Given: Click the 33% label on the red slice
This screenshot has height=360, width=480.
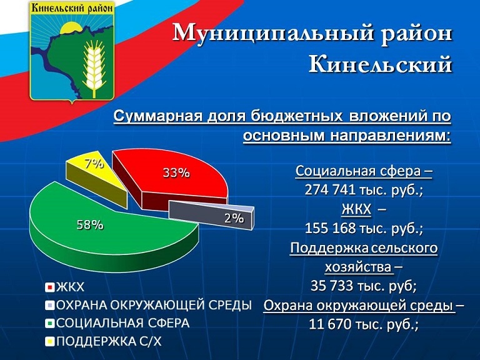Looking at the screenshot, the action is click(176, 173).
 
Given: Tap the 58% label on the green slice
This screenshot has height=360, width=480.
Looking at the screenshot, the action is click(90, 225).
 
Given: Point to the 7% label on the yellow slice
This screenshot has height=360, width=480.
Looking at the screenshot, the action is click(94, 164).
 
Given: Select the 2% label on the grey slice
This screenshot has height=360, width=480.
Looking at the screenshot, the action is click(234, 218).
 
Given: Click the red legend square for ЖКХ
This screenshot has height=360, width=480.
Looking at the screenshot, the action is click(49, 287).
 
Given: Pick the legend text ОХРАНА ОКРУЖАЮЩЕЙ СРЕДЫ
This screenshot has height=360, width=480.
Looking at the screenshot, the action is click(154, 305).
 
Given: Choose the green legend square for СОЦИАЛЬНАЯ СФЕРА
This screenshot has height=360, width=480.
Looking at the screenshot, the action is click(49, 324).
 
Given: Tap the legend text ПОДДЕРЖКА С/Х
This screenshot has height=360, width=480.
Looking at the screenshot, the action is click(109, 341).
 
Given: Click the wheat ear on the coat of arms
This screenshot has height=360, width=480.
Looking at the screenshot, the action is click(93, 67).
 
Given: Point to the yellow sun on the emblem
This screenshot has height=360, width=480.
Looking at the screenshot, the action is click(71, 29).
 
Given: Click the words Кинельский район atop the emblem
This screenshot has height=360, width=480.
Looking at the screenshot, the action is click(72, 8).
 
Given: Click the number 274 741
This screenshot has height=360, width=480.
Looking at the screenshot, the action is click(330, 190).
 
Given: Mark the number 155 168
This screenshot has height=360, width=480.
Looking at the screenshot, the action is click(330, 228).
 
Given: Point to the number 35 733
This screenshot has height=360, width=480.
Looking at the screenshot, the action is click(332, 286).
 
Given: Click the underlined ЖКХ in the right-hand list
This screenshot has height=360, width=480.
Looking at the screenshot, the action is click(356, 209).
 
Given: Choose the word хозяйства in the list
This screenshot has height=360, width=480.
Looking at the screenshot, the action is click(358, 267).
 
